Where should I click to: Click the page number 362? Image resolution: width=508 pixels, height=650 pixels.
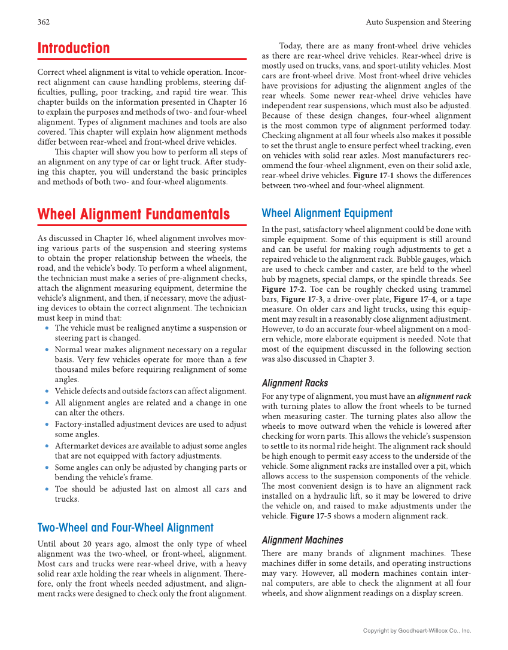click(x=43, y=22)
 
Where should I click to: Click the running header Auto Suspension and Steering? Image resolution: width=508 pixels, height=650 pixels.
click(x=418, y=22)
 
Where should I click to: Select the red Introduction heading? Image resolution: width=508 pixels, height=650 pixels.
click(x=74, y=48)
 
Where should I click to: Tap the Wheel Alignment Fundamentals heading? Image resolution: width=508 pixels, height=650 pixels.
click(x=133, y=214)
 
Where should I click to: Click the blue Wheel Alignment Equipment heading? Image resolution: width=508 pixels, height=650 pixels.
click(x=327, y=213)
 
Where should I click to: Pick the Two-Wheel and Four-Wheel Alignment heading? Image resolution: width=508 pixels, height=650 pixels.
click(x=125, y=527)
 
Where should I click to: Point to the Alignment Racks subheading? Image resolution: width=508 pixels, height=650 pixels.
click(x=295, y=383)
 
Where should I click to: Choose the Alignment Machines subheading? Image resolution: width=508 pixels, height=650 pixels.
click(x=302, y=540)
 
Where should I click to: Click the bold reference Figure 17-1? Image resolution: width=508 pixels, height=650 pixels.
click(x=373, y=176)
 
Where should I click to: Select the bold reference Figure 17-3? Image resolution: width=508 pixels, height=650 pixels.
click(x=302, y=299)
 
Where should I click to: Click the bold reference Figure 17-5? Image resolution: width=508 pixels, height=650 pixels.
click(x=311, y=516)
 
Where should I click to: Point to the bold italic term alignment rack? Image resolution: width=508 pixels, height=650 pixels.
click(x=444, y=396)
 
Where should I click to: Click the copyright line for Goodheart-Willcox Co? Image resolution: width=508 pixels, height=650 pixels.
click(x=417, y=630)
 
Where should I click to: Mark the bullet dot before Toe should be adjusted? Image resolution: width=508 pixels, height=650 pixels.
click(x=47, y=489)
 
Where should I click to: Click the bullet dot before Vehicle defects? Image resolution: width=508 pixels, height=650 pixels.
click(x=47, y=391)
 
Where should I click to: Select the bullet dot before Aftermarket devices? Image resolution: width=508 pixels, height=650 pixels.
click(x=47, y=446)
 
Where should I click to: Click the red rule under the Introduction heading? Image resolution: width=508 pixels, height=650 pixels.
click(x=142, y=59)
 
